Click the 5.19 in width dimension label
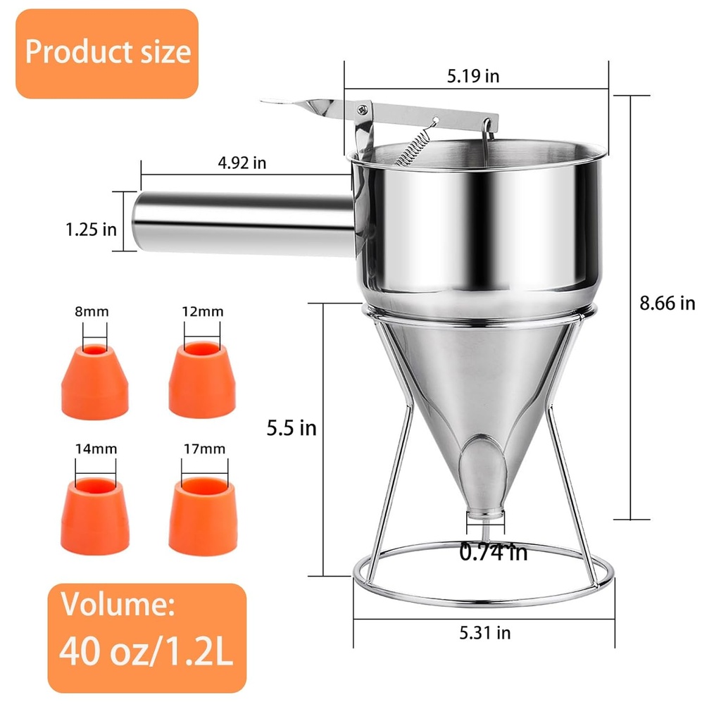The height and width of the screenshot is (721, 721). pyautogui.click(x=473, y=76)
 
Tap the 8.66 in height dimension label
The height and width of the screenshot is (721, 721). pyautogui.click(x=667, y=303)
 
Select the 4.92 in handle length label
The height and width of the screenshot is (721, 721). pyautogui.click(x=242, y=163)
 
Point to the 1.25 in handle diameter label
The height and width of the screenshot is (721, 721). pyautogui.click(x=91, y=230)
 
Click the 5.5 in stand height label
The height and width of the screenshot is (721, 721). pyautogui.click(x=291, y=428)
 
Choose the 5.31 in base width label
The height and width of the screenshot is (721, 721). pyautogui.click(x=485, y=633)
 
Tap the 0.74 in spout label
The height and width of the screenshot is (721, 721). pyautogui.click(x=493, y=552)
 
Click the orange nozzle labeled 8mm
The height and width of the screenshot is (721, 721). pyautogui.click(x=95, y=381)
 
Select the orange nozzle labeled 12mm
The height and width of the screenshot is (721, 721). pyautogui.click(x=202, y=380)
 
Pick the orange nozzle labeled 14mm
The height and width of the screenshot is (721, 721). pyautogui.click(x=95, y=515)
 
